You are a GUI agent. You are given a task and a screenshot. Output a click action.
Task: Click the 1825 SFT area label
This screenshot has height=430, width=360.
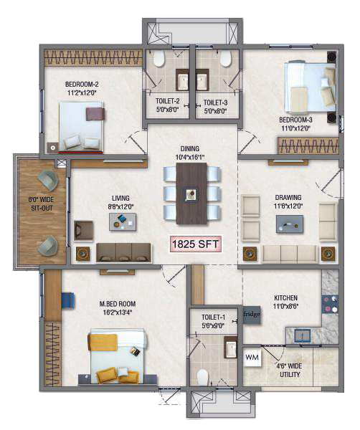[195, 244]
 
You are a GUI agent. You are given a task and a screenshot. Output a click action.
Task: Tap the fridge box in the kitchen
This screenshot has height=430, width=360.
[251, 315]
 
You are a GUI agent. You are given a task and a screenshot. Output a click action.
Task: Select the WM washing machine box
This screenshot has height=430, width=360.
[252, 358]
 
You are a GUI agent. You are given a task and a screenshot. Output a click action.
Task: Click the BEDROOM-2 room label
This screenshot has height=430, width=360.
[82, 84]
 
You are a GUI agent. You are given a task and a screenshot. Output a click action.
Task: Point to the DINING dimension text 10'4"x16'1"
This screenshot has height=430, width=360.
[190, 157]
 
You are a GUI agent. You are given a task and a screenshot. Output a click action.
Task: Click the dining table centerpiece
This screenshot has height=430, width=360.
[191, 194]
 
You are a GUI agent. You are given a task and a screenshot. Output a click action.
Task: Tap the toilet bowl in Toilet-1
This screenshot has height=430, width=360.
[203, 378]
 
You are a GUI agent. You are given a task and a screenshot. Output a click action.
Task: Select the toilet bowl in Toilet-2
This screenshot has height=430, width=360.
[158, 59]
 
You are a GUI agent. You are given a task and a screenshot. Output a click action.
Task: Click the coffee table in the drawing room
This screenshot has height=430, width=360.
[290, 224]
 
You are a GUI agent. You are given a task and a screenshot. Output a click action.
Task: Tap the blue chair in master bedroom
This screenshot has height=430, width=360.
[68, 301]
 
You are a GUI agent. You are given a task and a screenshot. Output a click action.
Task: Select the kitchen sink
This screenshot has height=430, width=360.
[303, 335]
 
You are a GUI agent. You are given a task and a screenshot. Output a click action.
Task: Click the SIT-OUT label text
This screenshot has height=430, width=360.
[42, 208]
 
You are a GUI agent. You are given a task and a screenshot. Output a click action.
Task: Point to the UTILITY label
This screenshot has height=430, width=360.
[290, 374]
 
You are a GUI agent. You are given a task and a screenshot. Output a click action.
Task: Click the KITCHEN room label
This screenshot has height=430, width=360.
[285, 297]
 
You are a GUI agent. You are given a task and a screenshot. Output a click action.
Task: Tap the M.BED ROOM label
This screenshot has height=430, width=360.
[118, 304]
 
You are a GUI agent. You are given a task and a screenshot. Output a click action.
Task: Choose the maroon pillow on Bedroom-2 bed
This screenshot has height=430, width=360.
[95, 114]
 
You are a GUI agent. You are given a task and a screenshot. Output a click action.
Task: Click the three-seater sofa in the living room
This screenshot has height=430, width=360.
[124, 252]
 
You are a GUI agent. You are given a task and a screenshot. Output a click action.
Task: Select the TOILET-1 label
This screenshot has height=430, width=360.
[213, 317]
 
